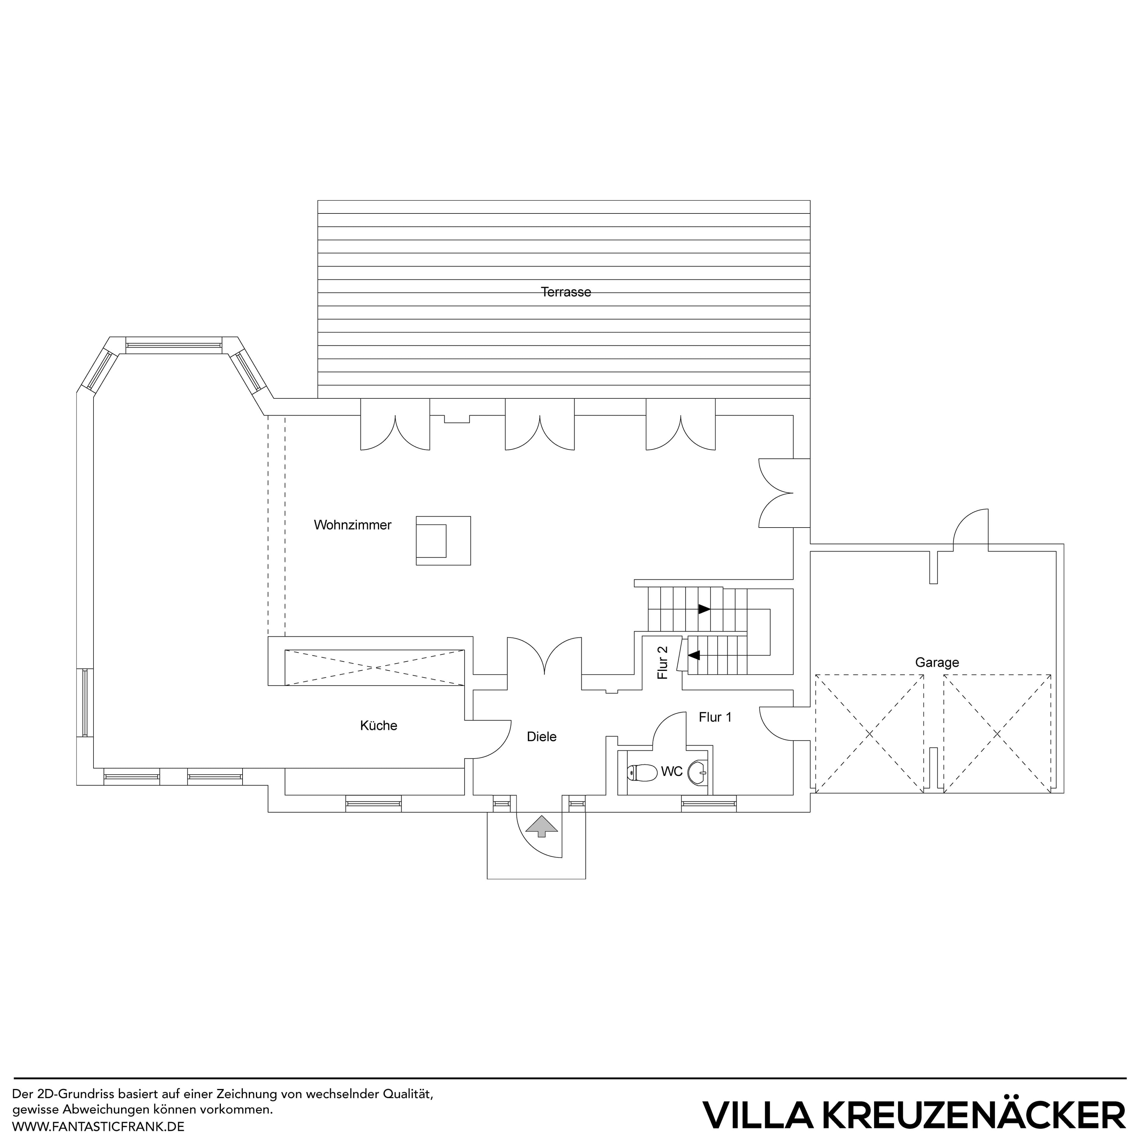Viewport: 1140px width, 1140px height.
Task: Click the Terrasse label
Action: click(x=565, y=292)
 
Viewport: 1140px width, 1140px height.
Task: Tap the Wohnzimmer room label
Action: click(x=352, y=525)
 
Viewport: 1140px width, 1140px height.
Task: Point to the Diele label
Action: click(x=541, y=737)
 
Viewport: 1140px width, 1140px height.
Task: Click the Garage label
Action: click(x=936, y=663)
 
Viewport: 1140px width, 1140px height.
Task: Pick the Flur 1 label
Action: click(x=715, y=718)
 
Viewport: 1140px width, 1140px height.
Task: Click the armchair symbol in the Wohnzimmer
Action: click(x=443, y=541)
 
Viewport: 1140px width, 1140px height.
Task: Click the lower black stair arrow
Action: click(x=694, y=655)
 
